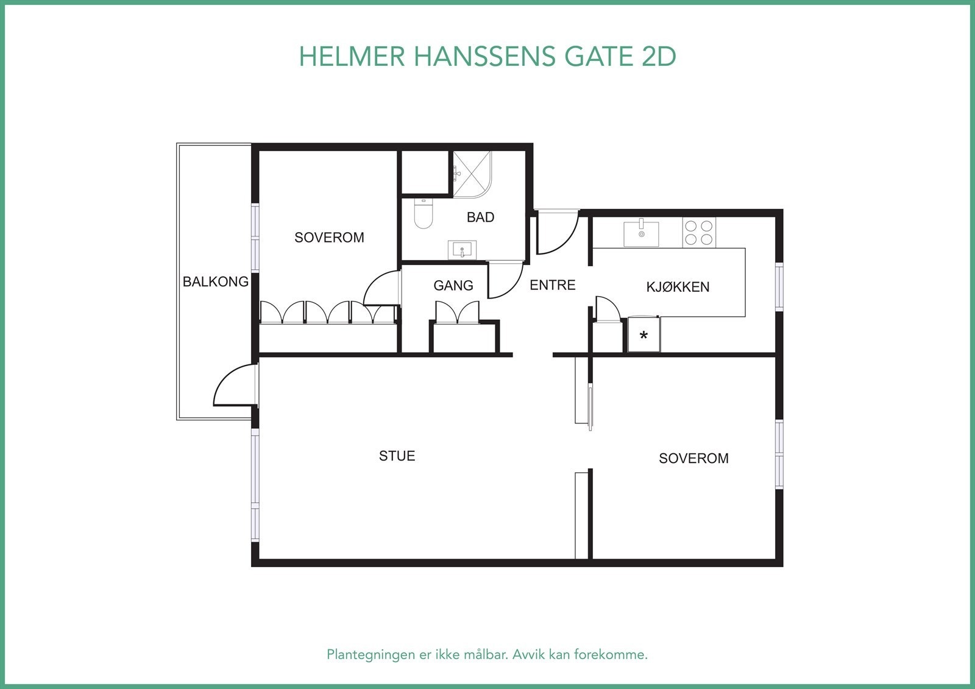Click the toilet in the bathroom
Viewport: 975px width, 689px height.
coord(423,214)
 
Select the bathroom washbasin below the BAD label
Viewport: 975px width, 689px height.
coord(463,250)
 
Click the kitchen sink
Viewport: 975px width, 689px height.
coord(641,233)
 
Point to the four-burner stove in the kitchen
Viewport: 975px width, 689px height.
coord(699,232)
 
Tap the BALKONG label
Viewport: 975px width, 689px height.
coord(216,281)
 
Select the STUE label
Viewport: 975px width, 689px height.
coord(397,456)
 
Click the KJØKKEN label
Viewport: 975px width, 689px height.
coord(678,287)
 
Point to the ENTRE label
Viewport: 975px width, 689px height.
coord(552,284)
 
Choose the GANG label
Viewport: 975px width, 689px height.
coord(453,285)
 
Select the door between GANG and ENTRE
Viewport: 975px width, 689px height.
coord(505,280)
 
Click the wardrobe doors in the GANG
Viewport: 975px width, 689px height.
coord(457,311)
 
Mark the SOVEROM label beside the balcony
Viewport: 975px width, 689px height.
coord(329,238)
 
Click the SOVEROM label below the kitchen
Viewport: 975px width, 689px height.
coord(693,458)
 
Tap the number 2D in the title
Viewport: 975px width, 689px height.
coord(659,57)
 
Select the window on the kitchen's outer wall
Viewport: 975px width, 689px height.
coord(779,286)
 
